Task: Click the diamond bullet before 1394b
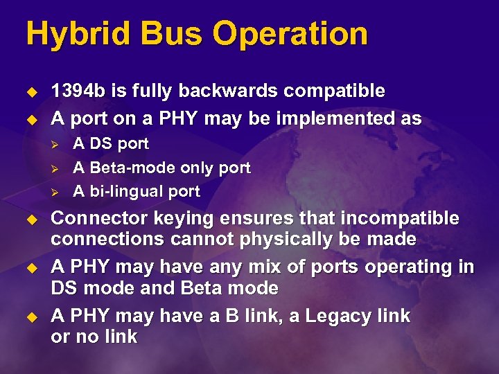click(30, 91)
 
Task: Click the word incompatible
click(396, 219)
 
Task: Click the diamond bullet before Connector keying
click(30, 220)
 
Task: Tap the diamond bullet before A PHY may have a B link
click(30, 317)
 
